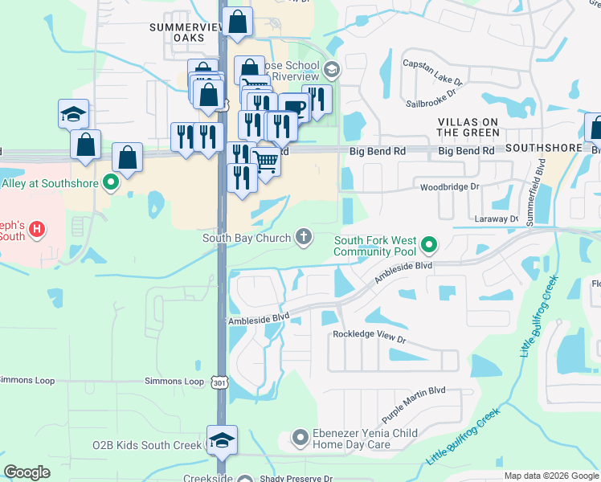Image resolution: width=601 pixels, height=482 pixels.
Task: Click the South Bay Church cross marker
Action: click(x=303, y=236)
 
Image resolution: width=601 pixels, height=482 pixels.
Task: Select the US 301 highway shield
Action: click(x=220, y=382)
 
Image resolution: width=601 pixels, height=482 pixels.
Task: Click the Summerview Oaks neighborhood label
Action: click(x=186, y=32)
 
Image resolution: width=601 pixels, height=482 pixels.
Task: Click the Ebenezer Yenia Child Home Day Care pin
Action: click(x=300, y=438)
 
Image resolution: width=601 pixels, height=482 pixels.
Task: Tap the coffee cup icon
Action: click(x=294, y=108)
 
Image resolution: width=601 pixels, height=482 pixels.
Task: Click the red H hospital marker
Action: click(x=35, y=231)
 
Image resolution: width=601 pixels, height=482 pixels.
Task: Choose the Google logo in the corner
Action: click(x=27, y=472)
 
